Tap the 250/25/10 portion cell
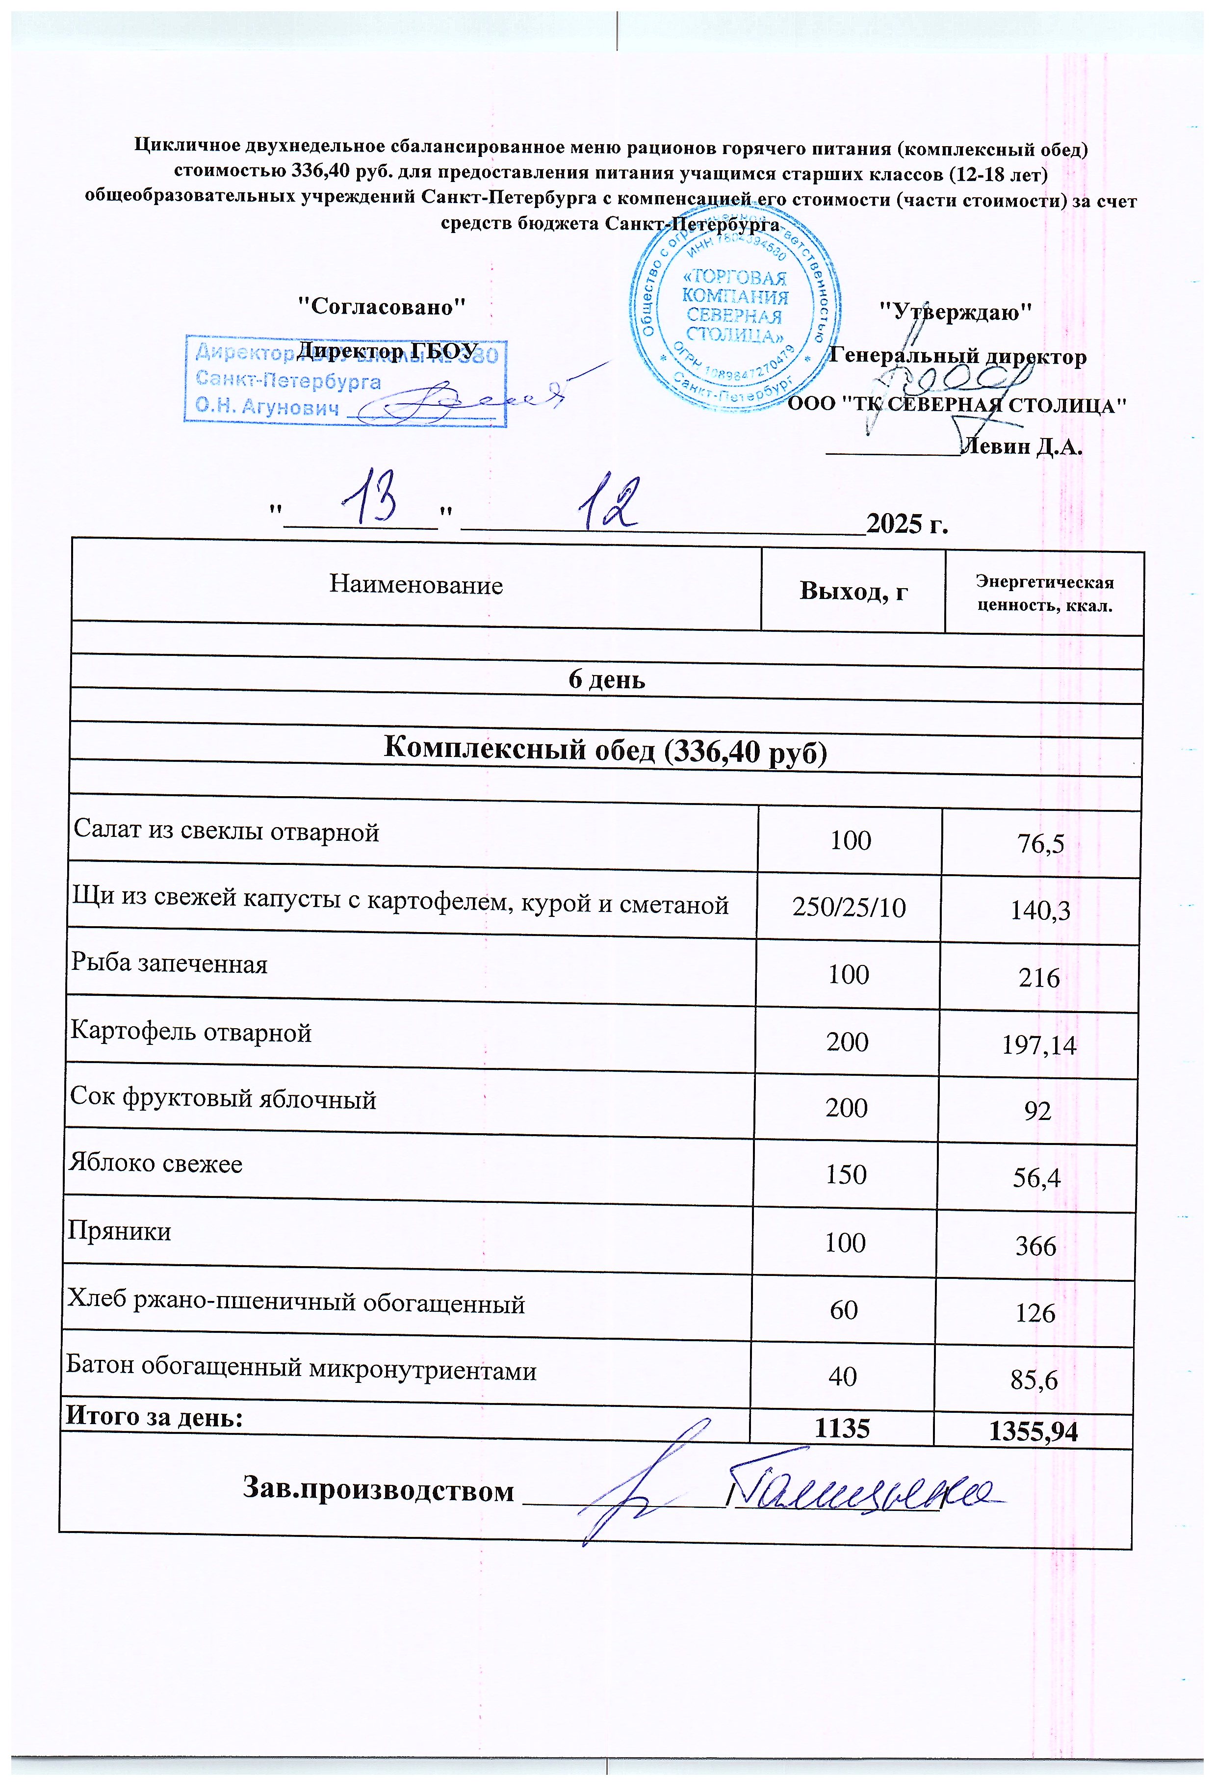(x=849, y=908)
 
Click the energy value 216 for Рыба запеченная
(x=1038, y=978)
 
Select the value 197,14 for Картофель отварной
(x=1038, y=1045)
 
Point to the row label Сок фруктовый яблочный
(x=223, y=1098)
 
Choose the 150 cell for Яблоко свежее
(x=846, y=1174)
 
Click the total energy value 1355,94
(x=1033, y=1432)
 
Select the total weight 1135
(x=843, y=1429)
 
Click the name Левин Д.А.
(x=1023, y=446)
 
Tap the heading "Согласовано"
(x=383, y=307)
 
